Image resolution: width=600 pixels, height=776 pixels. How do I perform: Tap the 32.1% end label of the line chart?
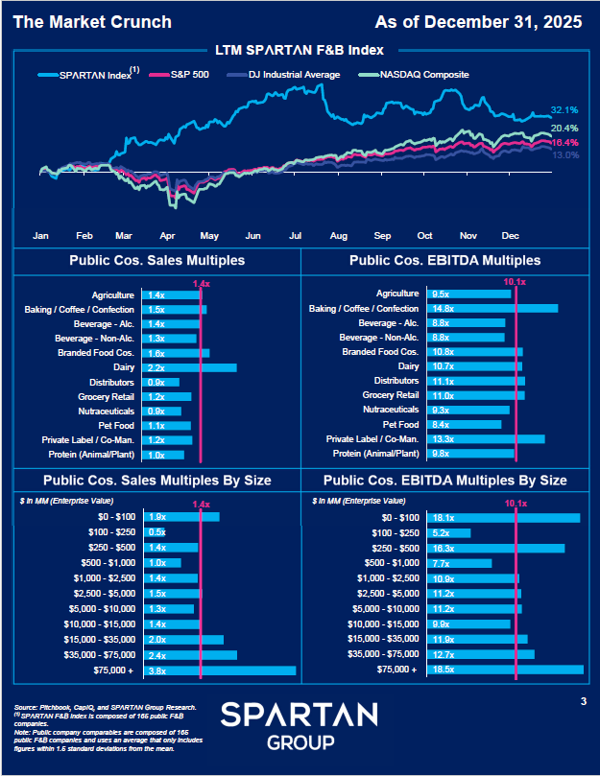point(564,110)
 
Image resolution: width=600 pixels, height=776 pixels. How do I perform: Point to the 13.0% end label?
point(565,155)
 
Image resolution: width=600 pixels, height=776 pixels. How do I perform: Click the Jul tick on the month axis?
point(296,235)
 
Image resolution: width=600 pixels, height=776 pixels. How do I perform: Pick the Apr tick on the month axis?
point(168,235)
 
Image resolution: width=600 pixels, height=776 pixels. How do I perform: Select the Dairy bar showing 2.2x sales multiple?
point(188,367)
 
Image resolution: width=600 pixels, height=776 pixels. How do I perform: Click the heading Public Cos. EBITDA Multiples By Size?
point(445,480)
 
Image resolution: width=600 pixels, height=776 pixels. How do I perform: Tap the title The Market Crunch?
point(92,22)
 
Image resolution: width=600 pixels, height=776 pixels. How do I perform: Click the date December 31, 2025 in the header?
point(527,22)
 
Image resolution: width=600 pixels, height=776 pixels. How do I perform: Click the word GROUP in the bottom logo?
point(300,742)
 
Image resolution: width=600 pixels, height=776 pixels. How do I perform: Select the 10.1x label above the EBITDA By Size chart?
point(516,501)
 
